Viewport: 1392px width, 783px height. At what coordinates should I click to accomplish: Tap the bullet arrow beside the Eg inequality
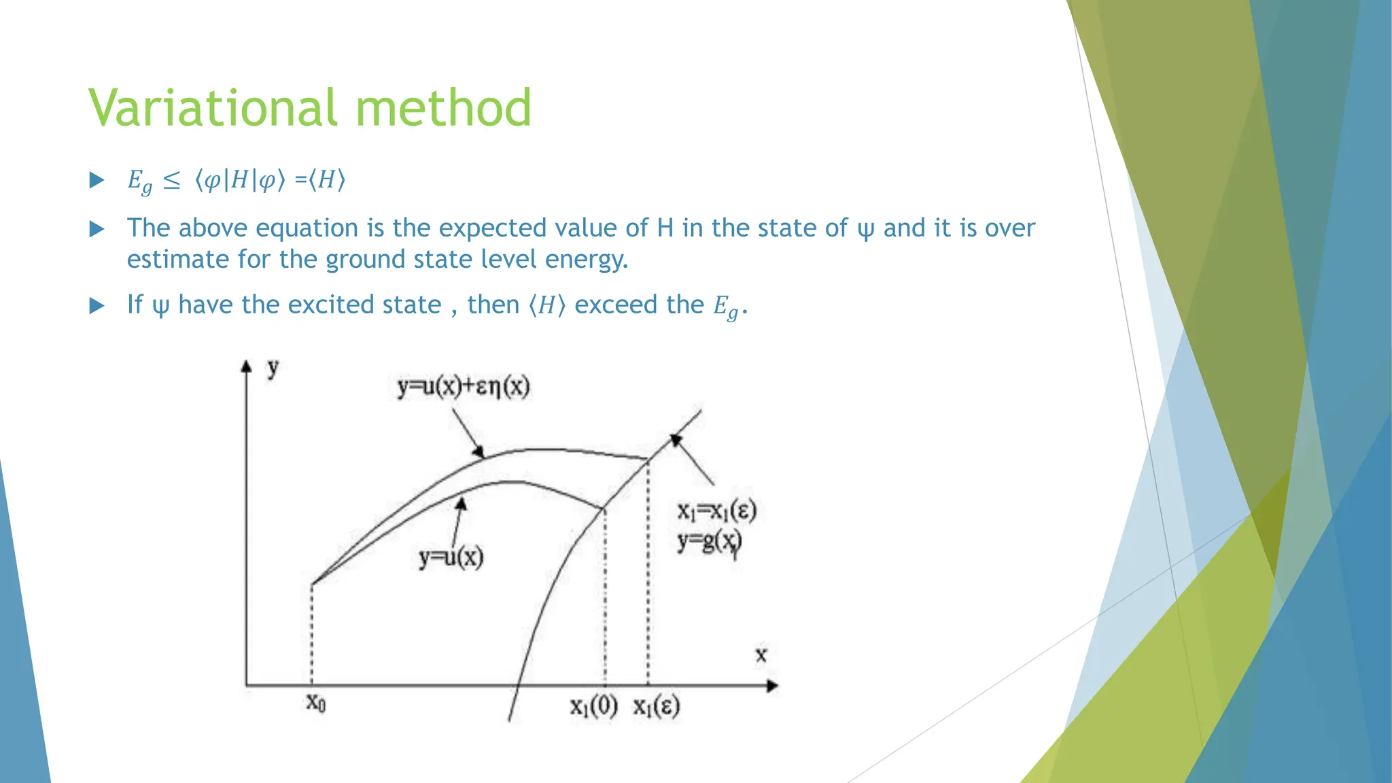click(x=97, y=180)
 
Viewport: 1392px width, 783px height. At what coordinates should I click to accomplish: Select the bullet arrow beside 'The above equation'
click(x=97, y=229)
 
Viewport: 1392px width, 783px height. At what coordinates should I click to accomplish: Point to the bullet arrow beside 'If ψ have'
click(x=97, y=306)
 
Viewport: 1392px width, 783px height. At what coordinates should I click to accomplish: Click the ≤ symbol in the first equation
click(x=172, y=181)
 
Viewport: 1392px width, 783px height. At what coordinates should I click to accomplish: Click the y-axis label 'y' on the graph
click(x=273, y=368)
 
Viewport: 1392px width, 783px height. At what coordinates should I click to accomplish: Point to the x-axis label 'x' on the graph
click(x=761, y=655)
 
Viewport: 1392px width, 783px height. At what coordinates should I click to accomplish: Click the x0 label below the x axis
click(x=315, y=703)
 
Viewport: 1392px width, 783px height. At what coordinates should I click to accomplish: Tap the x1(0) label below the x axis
click(x=593, y=707)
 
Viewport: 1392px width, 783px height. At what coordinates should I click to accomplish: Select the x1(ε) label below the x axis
click(x=657, y=707)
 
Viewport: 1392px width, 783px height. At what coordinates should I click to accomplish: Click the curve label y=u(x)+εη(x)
click(x=464, y=387)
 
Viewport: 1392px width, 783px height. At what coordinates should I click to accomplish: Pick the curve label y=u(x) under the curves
click(x=451, y=558)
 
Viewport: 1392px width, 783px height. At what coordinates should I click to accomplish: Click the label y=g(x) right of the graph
click(x=709, y=542)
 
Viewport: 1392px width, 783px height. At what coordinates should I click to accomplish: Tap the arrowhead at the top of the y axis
click(x=247, y=366)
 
